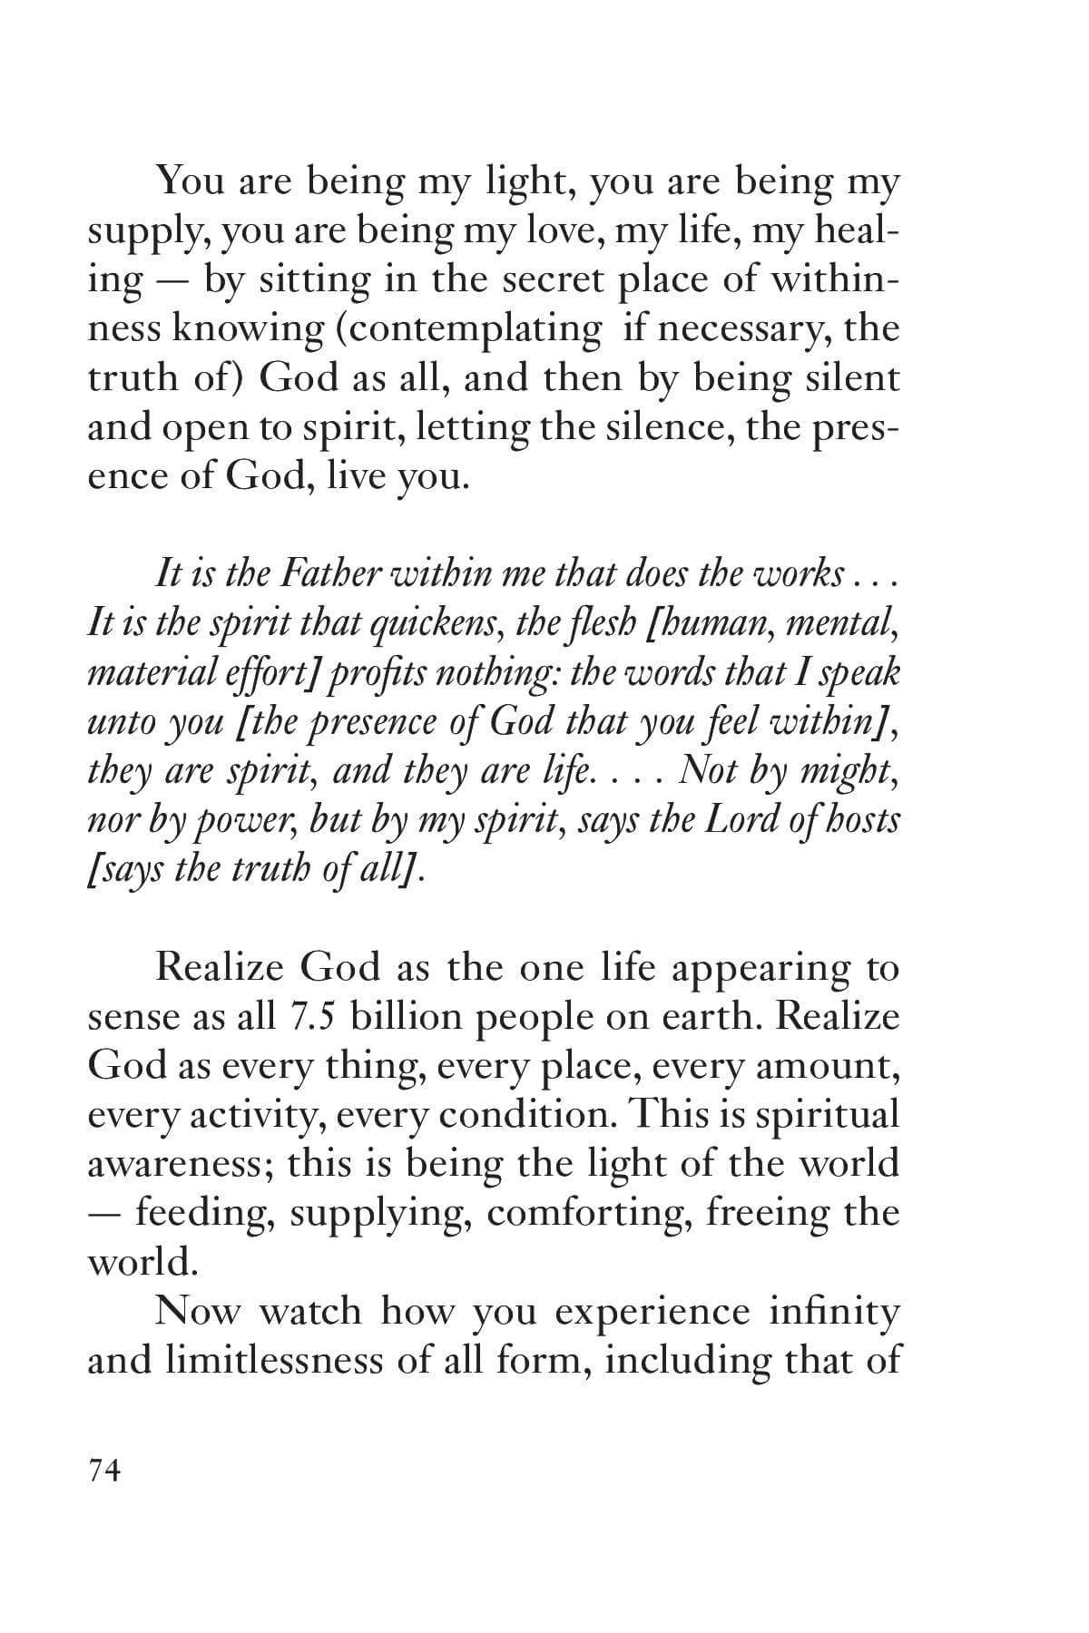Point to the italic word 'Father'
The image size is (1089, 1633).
pyautogui.click(x=330, y=573)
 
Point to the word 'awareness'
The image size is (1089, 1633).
pyautogui.click(x=181, y=1164)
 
